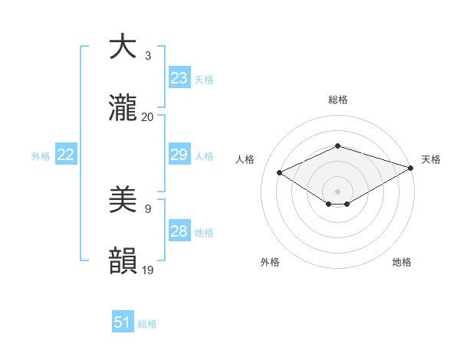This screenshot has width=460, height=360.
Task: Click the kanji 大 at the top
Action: coord(123,47)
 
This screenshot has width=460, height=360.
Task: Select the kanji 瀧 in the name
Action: coord(123,109)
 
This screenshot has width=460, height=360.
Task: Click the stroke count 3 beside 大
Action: coord(147,56)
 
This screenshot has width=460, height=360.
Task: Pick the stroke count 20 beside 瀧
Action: coord(147,117)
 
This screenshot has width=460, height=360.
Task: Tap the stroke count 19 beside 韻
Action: coord(148,270)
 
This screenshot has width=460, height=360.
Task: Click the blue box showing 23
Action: coord(179,77)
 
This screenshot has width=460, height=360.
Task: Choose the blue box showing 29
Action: coord(179,155)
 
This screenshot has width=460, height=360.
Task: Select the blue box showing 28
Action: coord(179,231)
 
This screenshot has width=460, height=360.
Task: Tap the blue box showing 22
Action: coord(65,155)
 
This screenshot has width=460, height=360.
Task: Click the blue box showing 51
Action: coord(123,322)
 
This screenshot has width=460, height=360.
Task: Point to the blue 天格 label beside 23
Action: coord(204,79)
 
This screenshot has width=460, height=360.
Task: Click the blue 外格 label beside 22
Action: coord(41,156)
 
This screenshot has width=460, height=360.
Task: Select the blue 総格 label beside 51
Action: coord(147,324)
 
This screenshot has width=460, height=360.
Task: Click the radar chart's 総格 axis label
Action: coord(337,100)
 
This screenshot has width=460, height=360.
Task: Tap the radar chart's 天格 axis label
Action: coord(431,159)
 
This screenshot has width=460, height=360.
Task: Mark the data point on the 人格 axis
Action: coord(279,172)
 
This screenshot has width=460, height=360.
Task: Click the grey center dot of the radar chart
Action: coord(337,191)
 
